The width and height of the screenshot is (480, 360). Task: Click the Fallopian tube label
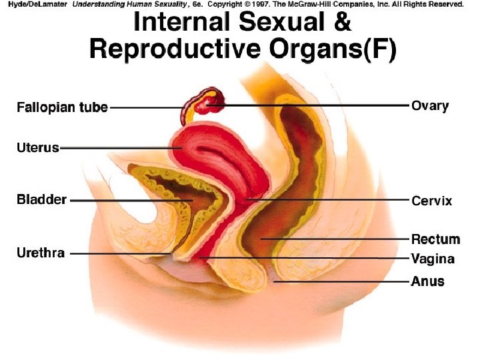pyautogui.click(x=62, y=108)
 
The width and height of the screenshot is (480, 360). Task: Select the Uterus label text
pyautogui.click(x=38, y=148)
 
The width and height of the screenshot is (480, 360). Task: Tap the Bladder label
pyautogui.click(x=41, y=199)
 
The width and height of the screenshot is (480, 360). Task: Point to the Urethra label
pyautogui.click(x=41, y=253)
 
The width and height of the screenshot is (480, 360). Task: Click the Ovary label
pyautogui.click(x=430, y=105)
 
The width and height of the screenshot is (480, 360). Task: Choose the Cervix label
pyautogui.click(x=431, y=201)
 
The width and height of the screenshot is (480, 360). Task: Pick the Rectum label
pyautogui.click(x=435, y=239)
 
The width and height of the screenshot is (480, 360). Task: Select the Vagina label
pyautogui.click(x=433, y=259)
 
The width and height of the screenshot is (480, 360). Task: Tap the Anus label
pyautogui.click(x=427, y=281)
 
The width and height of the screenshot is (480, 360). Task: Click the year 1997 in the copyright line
pyautogui.click(x=258, y=4)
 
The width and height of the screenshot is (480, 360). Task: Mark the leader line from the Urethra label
pyautogui.click(x=120, y=253)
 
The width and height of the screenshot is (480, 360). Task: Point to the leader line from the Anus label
pyautogui.click(x=347, y=282)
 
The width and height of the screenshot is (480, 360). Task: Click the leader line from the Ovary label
pyautogui.click(x=313, y=105)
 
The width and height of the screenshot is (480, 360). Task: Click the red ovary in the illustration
pyautogui.click(x=215, y=101)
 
